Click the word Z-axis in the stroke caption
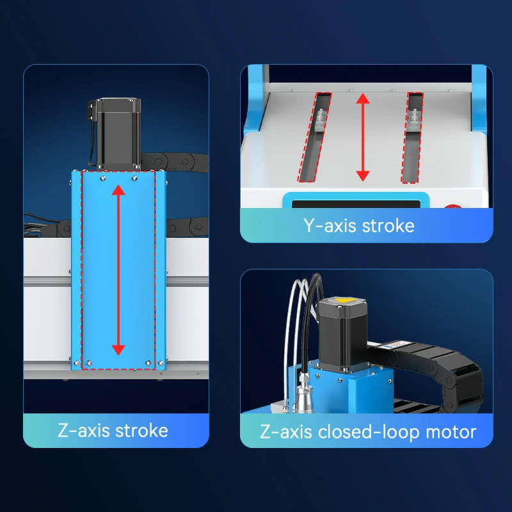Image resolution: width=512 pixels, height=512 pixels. coord(84,430)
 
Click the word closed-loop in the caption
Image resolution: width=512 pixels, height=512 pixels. coord(369,433)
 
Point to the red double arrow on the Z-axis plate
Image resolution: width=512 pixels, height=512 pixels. coord(118,270)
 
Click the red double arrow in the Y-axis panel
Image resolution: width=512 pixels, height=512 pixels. coord(363,137)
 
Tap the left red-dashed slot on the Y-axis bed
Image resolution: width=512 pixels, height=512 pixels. coord(314,137)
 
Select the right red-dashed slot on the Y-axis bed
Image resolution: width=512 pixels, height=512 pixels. coord(412,138)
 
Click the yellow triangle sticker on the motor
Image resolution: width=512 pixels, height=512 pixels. coord(342,300)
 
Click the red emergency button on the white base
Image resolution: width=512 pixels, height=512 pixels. coord(452,206)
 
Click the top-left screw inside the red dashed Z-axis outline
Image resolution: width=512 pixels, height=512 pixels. coord(103,178)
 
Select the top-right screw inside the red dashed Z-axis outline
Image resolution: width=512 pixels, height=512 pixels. coord(134,178)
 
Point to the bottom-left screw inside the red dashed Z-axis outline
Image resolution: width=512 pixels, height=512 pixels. coord(89,363)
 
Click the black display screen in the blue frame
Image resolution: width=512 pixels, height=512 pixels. coord(356,204)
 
